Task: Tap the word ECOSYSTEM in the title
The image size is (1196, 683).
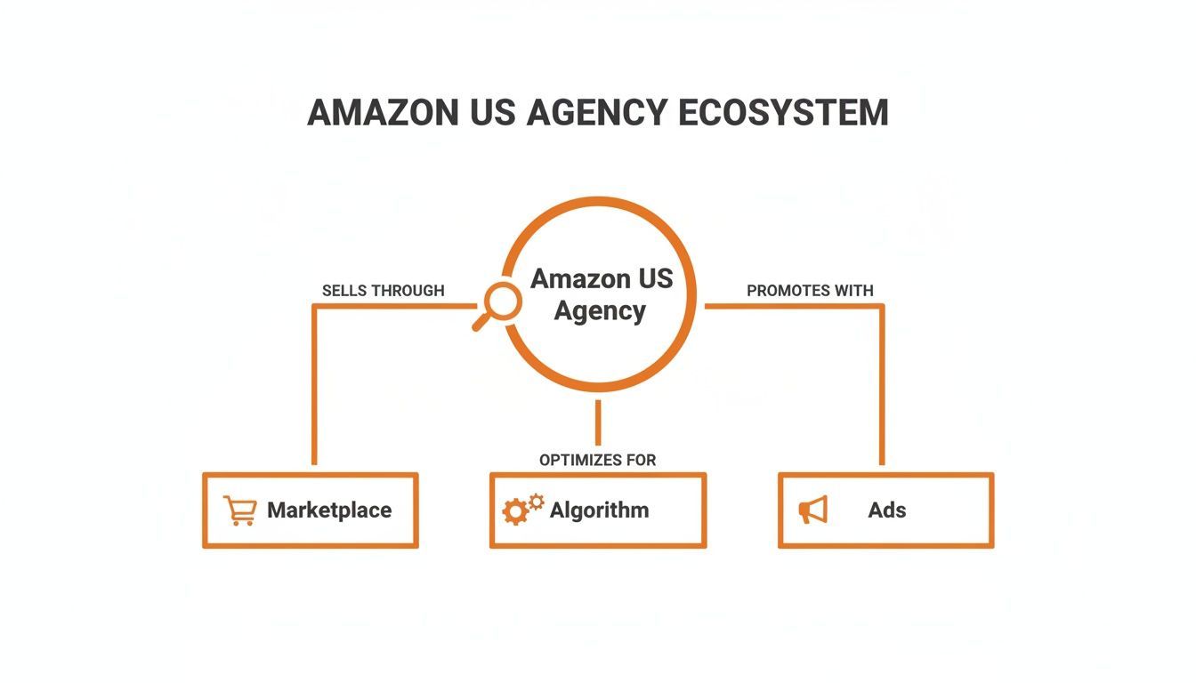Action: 783,113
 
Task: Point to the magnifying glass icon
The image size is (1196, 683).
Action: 498,305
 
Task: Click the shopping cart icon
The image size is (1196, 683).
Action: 239,510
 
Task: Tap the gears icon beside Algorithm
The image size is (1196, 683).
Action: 522,509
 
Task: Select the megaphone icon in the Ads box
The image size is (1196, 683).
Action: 813,510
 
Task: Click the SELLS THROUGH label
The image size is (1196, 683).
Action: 383,291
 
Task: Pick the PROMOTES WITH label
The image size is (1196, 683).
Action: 810,291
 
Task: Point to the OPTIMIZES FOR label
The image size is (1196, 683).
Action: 597,460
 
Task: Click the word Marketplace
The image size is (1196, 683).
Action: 329,510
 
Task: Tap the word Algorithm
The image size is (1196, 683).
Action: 599,510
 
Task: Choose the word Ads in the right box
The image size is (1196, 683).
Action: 887,510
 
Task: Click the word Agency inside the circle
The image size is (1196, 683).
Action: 600,311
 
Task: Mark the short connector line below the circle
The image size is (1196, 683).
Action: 598,422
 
